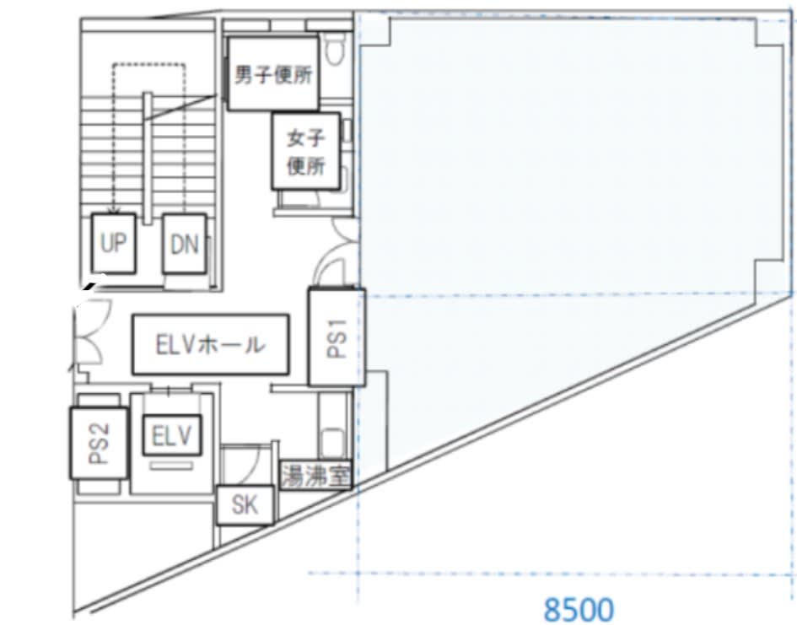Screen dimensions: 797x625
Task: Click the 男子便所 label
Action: coord(273,73)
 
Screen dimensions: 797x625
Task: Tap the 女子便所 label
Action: coord(305,152)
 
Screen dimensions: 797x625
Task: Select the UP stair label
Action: coord(113,244)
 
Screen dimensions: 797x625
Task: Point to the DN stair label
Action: coord(184,244)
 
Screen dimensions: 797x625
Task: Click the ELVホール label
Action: coord(211,344)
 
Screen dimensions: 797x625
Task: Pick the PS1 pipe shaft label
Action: coord(337,337)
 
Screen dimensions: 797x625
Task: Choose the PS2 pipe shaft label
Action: coord(99,443)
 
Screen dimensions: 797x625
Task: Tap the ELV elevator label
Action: coord(172,435)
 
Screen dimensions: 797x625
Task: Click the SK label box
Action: coord(245,505)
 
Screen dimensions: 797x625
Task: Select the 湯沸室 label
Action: coord(315,476)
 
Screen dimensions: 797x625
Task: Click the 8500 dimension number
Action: coord(579,610)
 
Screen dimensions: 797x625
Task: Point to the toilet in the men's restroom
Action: coord(335,49)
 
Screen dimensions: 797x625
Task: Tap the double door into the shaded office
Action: coord(338,252)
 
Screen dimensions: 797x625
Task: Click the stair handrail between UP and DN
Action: coord(148,158)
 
